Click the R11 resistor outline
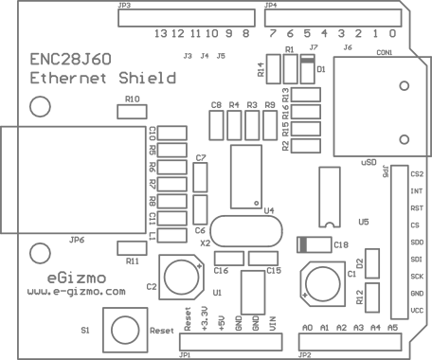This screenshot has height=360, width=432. click(132, 248)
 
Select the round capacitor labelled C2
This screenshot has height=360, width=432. click(181, 277)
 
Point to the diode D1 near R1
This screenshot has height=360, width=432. click(307, 68)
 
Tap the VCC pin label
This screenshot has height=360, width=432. click(417, 311)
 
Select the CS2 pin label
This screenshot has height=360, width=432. click(417, 174)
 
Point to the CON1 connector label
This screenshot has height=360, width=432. click(385, 52)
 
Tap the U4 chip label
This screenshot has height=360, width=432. click(268, 210)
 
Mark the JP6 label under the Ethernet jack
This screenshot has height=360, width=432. click(77, 240)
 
